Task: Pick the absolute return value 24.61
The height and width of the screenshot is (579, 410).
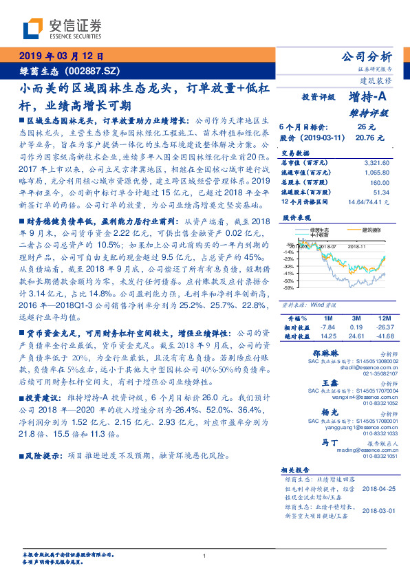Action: (x=356, y=336)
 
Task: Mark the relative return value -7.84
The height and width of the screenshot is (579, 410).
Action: (x=327, y=327)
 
